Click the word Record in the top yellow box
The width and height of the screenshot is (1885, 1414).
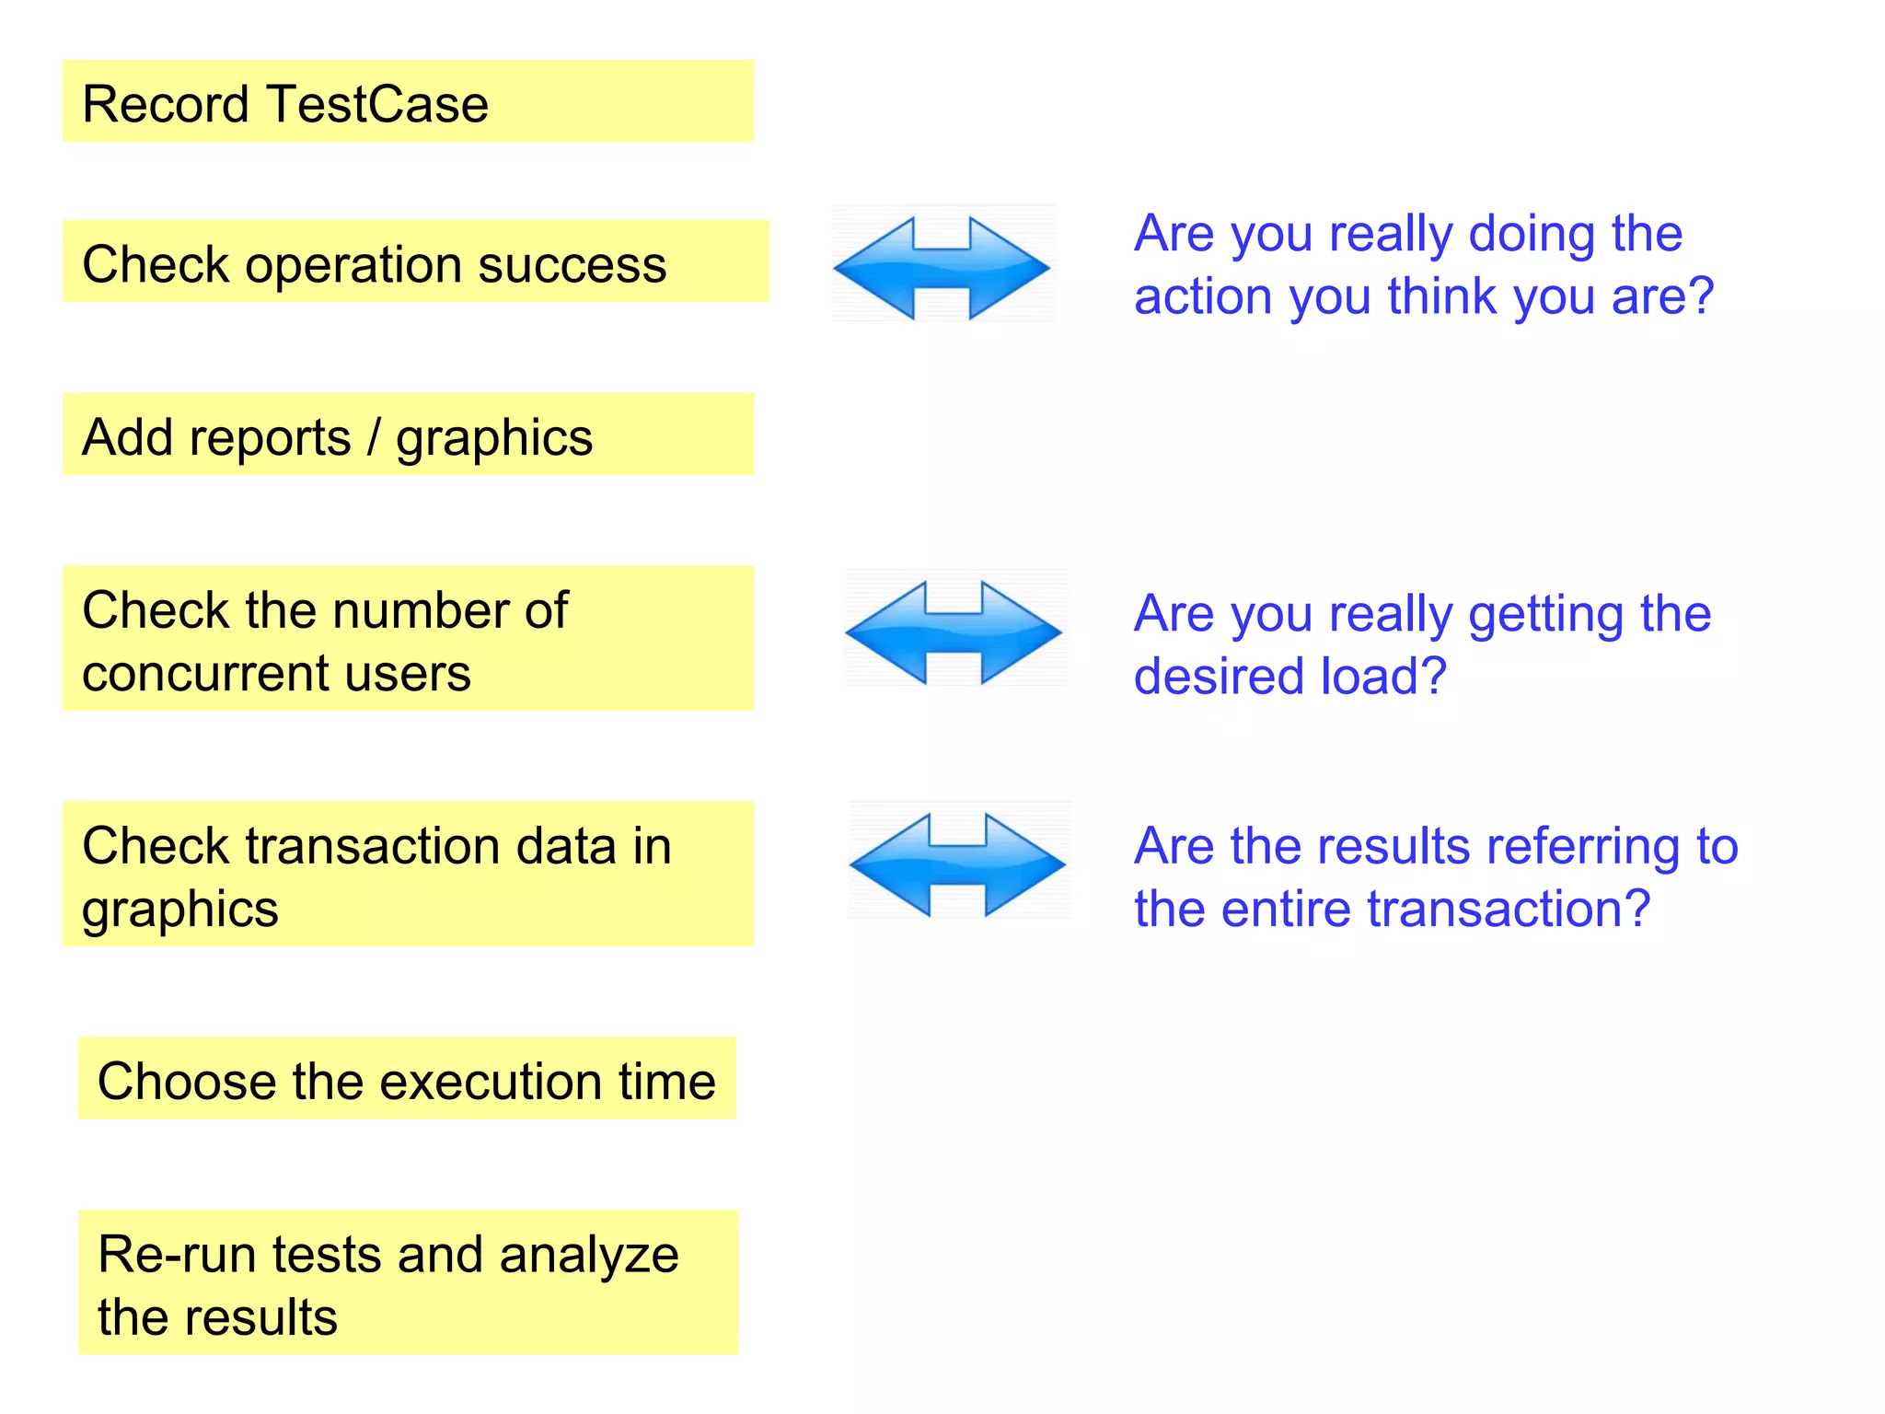tap(166, 104)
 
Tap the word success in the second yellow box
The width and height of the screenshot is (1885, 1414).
tap(572, 265)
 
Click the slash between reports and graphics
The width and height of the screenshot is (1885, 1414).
tap(374, 437)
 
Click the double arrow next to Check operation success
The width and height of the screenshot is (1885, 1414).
tap(941, 268)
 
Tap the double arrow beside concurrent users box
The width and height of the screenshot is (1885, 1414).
tap(954, 632)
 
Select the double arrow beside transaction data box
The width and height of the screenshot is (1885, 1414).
tap(957, 864)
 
